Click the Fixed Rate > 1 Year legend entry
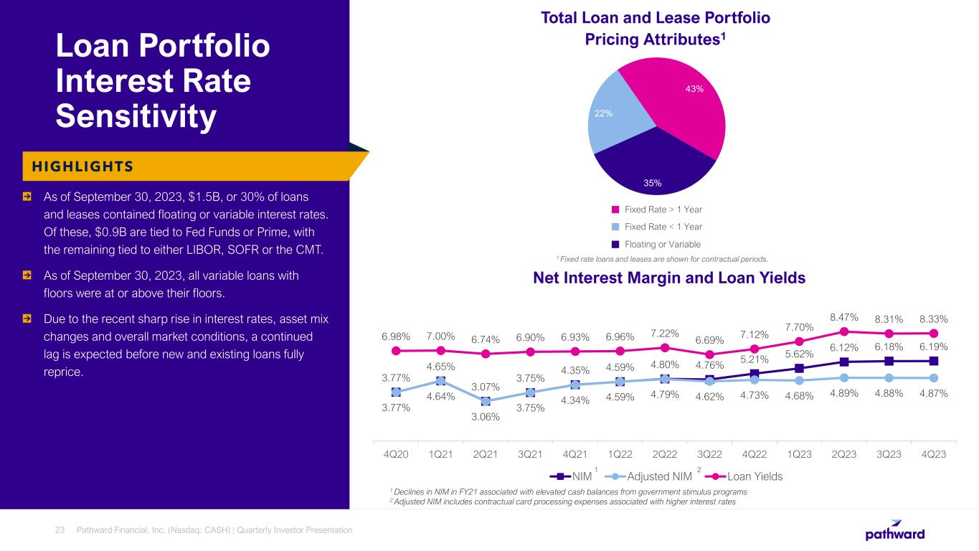[x=663, y=209]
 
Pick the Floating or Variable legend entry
[x=663, y=244]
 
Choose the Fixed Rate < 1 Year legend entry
[x=663, y=227]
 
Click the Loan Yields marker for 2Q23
[x=844, y=331]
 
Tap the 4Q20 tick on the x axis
[x=396, y=454]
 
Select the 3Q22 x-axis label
[x=709, y=454]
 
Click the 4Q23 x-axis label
[x=933, y=454]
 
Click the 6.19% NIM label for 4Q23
[x=933, y=347]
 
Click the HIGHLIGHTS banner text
[x=79, y=166]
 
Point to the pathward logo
[x=894, y=531]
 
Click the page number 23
[x=60, y=530]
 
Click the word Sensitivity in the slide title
[x=136, y=117]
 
